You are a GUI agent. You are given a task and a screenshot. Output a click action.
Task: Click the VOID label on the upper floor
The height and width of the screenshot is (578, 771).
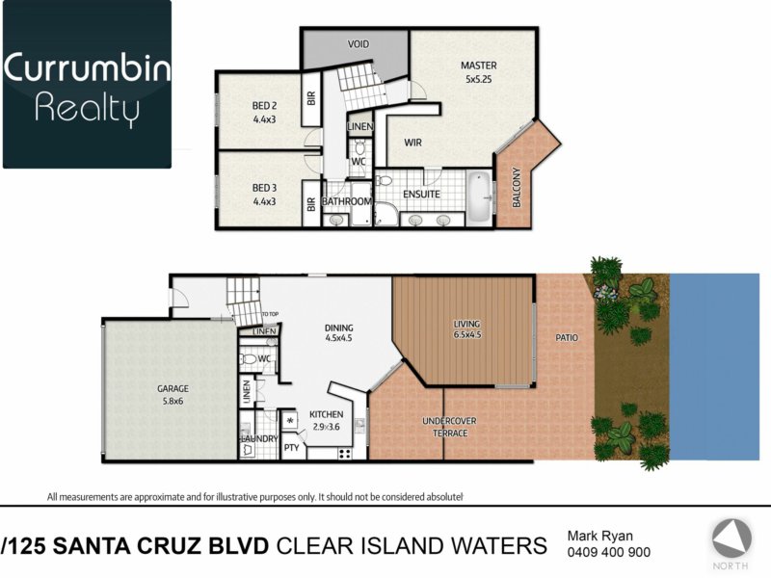(358, 44)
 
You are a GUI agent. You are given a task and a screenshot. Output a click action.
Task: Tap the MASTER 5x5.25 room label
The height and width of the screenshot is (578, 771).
(478, 71)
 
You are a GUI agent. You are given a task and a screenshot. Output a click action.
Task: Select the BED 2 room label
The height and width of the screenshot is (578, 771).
(264, 112)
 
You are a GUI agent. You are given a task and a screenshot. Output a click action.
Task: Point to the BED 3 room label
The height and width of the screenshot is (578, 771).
(264, 195)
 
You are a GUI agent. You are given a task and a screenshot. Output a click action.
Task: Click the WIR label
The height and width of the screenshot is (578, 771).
(412, 143)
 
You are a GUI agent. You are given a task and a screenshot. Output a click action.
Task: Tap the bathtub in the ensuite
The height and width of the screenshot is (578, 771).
(479, 198)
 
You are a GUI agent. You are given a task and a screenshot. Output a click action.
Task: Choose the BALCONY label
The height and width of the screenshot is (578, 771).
(517, 187)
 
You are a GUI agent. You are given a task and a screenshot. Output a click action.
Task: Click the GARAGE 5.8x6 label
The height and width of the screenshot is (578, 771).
(173, 395)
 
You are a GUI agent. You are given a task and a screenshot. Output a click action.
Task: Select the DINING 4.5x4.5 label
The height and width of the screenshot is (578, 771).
(339, 332)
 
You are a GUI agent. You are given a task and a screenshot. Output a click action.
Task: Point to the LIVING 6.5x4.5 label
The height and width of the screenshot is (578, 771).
(466, 329)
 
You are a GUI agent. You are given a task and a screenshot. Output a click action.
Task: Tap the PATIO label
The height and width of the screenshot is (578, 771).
(567, 338)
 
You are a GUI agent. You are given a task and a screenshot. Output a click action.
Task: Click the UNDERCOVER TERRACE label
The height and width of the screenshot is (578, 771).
(449, 427)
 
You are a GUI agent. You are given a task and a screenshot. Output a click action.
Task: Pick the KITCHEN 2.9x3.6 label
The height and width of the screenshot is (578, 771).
(326, 421)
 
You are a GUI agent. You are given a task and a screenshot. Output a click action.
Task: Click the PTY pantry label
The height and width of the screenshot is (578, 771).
(292, 448)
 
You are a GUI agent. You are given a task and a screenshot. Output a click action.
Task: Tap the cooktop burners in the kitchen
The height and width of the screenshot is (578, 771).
(345, 454)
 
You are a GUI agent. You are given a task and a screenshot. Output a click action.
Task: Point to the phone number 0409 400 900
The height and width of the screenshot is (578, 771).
(609, 552)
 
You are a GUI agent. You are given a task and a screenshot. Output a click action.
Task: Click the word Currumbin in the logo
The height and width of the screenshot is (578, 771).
(87, 67)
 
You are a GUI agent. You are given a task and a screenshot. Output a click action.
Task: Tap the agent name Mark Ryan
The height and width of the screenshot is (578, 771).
(599, 536)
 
